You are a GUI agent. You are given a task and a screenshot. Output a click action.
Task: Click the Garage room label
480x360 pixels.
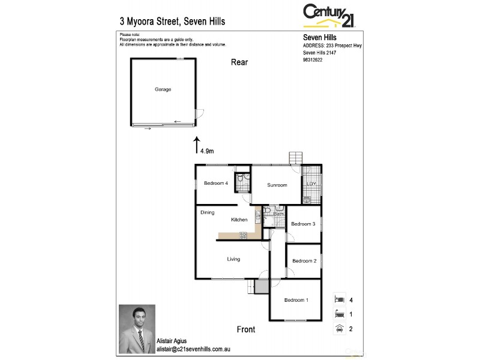coord(163,89)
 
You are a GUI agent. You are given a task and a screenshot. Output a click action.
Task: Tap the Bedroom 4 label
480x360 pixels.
coord(215,183)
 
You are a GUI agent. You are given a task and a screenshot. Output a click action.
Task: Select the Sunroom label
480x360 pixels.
coord(277,185)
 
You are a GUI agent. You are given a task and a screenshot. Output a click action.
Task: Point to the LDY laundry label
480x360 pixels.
coord(311,184)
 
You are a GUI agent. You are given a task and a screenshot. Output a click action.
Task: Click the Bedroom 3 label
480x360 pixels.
coord(303,224)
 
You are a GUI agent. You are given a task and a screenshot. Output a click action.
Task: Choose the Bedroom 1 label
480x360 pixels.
coord(296,300)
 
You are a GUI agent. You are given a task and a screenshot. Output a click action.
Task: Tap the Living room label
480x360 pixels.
coord(233,259)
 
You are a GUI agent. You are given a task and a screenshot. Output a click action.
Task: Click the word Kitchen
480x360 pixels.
coord(239,220)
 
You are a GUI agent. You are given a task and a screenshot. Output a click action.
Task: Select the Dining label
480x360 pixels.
coord(208,212)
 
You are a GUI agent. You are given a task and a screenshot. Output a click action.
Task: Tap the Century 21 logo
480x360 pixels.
coord(329,14)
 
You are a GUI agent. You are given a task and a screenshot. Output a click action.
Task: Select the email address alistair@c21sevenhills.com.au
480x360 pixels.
coord(194,349)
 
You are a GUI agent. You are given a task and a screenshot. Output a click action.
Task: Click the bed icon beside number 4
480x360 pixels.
coord(340,298)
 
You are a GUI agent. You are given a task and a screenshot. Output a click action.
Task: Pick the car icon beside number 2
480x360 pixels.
coord(340,328)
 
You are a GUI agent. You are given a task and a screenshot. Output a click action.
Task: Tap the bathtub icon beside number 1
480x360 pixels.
coord(340,313)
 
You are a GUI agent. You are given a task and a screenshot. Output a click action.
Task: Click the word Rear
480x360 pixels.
coord(239,62)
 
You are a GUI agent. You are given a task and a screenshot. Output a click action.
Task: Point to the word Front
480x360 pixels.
coord(246,329)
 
